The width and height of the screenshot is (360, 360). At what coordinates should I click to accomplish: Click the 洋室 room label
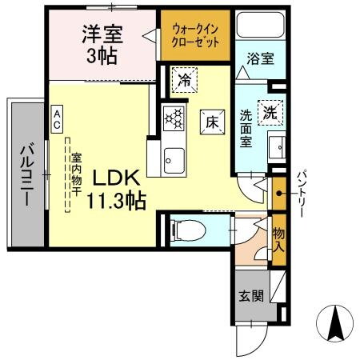[x=102, y=34]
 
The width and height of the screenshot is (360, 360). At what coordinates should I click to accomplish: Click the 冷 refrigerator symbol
[x=184, y=80]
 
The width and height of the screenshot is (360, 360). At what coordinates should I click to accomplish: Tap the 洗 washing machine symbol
[x=272, y=113]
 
